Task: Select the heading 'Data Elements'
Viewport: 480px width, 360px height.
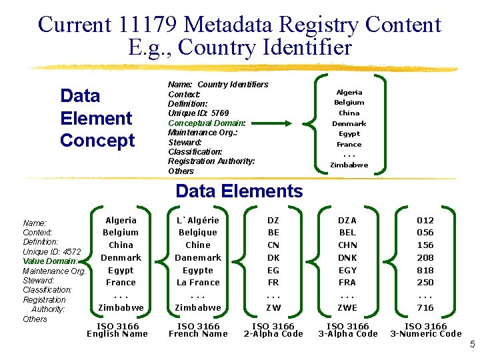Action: point(239,191)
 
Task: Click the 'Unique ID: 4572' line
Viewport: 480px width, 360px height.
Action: point(52,251)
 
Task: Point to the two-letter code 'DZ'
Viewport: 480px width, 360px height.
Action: point(273,220)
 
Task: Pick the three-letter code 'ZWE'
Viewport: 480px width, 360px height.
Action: point(347,307)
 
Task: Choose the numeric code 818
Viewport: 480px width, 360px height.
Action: point(425,270)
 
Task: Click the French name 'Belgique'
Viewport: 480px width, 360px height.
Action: point(198,233)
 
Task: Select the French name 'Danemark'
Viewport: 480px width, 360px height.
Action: point(198,257)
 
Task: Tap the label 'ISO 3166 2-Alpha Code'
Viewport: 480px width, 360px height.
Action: point(273,330)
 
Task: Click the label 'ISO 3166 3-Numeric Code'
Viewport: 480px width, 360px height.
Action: point(426,330)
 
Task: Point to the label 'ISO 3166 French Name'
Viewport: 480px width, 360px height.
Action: point(198,330)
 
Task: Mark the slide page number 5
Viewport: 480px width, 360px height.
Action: point(472,345)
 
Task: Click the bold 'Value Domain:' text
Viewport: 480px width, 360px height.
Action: point(49,261)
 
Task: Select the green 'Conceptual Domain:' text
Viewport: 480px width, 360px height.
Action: point(207,123)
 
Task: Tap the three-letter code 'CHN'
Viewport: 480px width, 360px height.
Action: point(347,245)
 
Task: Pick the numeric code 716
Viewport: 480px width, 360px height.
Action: point(425,307)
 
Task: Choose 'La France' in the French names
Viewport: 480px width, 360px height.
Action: point(198,282)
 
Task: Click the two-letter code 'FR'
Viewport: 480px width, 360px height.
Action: point(273,282)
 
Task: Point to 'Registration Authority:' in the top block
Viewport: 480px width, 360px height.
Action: point(211,161)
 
